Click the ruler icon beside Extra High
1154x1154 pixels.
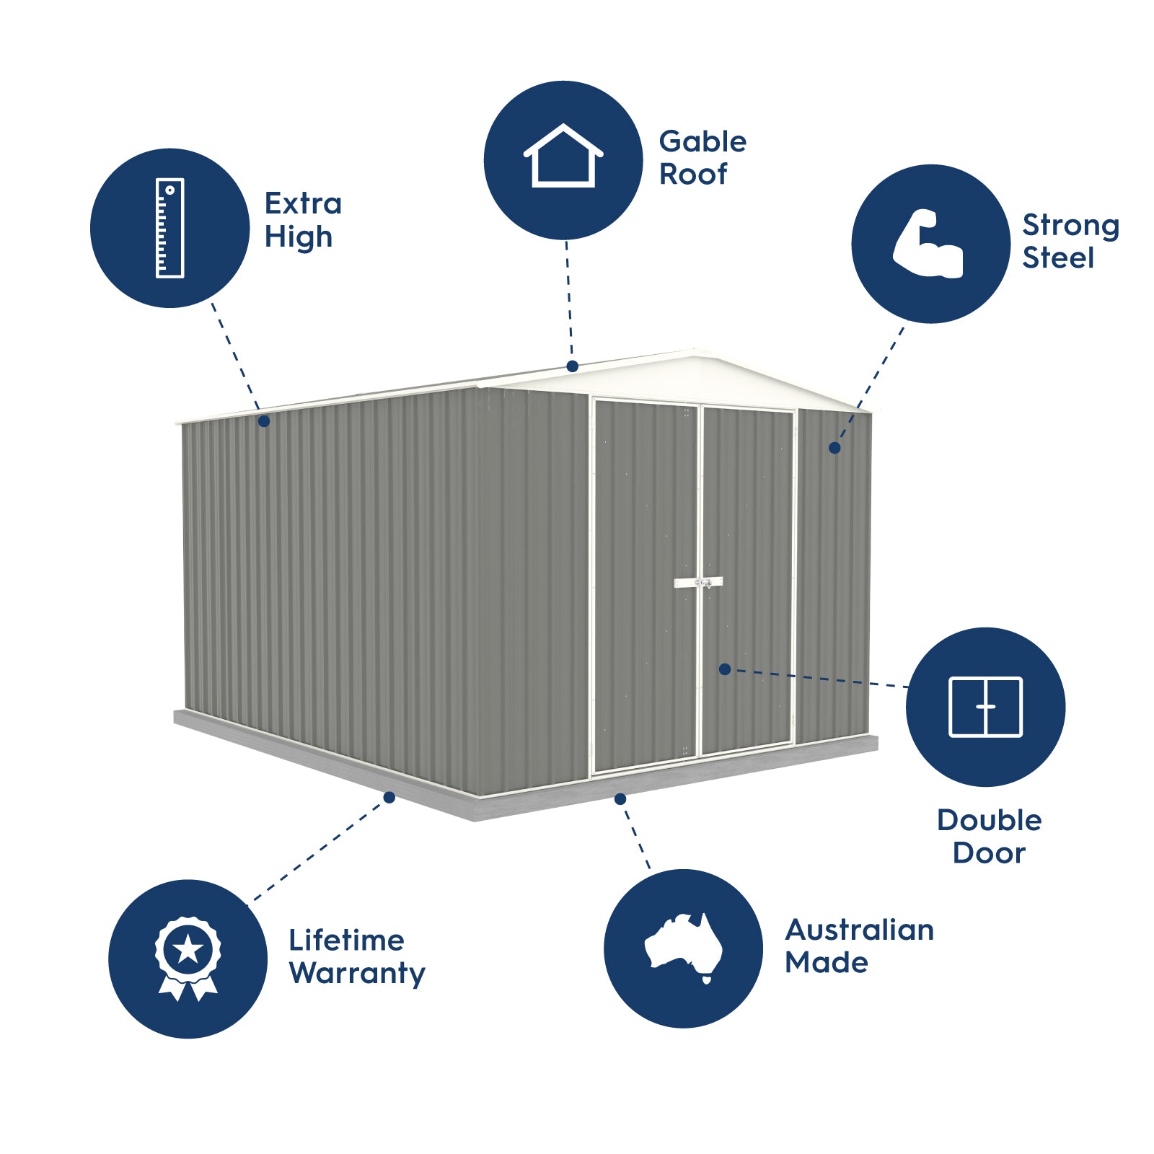pos(169,228)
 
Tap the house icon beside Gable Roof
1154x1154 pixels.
pos(563,157)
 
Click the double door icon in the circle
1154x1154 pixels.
pos(985,707)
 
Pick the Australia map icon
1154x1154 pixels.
pos(683,946)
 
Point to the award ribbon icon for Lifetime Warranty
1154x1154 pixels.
pos(188,958)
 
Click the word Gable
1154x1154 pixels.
pos(702,141)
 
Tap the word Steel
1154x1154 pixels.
pos(1058,257)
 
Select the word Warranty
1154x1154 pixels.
pos(357,973)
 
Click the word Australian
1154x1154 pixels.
pos(859,930)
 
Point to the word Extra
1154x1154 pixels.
pos(303,203)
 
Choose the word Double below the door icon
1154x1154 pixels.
pos(989,820)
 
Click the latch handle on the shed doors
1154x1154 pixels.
pos(698,582)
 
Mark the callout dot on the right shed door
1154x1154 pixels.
pos(725,669)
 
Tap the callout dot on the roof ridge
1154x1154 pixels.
pos(572,366)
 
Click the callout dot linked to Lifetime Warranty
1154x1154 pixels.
pos(389,797)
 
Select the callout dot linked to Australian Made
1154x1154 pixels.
pos(620,798)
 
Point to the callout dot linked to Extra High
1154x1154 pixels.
pos(264,421)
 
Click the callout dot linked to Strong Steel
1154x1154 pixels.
pos(834,448)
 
